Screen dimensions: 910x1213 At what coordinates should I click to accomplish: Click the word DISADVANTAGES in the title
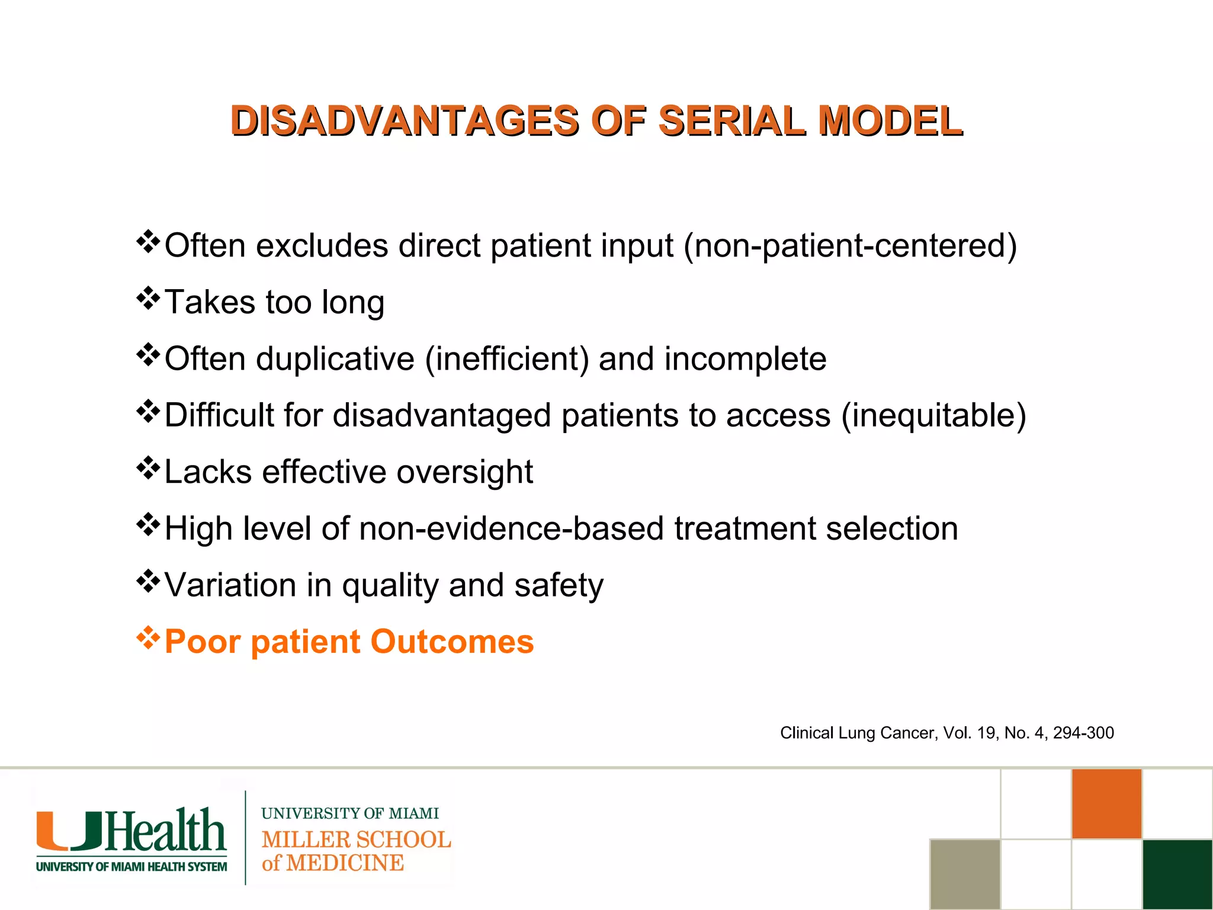click(x=405, y=120)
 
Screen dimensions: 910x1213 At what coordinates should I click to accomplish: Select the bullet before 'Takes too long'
click(x=148, y=299)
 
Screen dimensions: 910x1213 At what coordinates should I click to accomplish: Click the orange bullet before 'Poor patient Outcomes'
click(x=148, y=638)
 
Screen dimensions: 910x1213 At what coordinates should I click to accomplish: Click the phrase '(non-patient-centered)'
click(x=850, y=245)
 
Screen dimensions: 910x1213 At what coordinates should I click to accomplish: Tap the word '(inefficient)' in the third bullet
click(x=506, y=359)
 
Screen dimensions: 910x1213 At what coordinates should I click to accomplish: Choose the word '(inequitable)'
click(x=933, y=415)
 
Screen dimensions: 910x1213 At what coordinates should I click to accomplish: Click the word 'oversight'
click(x=464, y=472)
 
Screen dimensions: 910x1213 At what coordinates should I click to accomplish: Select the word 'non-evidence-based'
click(x=511, y=528)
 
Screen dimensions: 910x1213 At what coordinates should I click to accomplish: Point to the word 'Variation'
click(x=230, y=585)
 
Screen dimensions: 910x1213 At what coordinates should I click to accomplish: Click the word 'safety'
click(x=559, y=585)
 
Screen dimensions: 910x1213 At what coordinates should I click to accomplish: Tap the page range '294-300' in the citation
click(x=1083, y=733)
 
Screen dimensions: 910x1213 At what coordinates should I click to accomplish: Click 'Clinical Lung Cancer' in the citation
click(x=858, y=733)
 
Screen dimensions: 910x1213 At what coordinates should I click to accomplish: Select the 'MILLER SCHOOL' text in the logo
click(x=356, y=839)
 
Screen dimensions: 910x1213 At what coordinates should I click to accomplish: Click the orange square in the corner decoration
click(x=1106, y=803)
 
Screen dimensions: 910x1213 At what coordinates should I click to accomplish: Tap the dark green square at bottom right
click(x=1177, y=874)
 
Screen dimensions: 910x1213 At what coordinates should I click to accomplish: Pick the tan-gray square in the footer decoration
click(x=965, y=874)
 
